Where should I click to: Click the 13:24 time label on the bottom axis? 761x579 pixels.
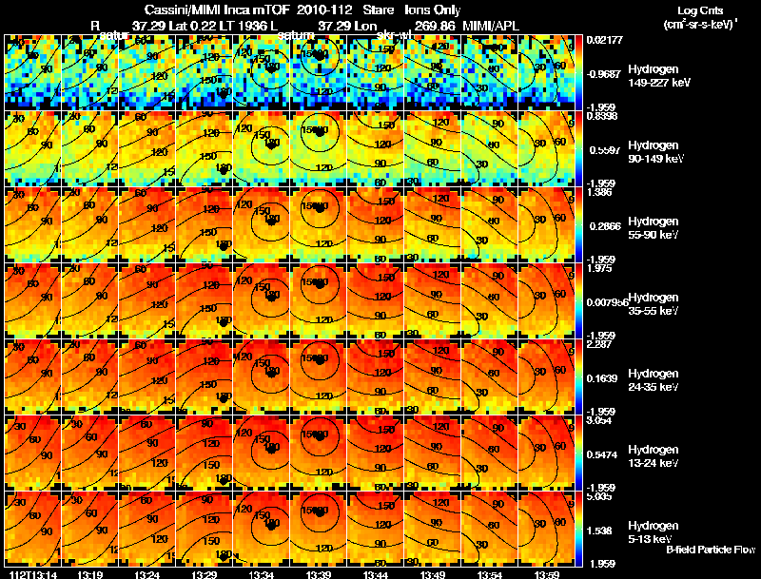147,574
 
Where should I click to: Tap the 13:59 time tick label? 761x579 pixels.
548,574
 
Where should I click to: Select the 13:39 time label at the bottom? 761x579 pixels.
319,574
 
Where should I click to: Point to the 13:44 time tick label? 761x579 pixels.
377,574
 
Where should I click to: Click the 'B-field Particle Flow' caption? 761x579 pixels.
710,550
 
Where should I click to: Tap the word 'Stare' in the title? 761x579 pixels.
364,9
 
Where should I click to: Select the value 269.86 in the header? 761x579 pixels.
434,23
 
